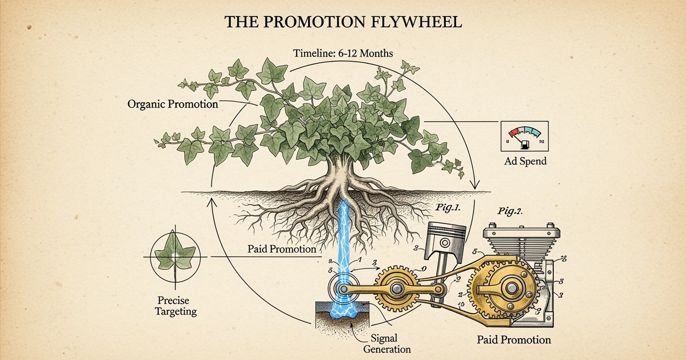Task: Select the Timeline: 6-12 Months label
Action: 343,53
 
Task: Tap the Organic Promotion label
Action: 172,105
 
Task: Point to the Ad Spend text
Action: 525,161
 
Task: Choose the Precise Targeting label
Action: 176,306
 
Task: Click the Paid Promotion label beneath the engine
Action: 513,340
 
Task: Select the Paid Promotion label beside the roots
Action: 282,249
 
